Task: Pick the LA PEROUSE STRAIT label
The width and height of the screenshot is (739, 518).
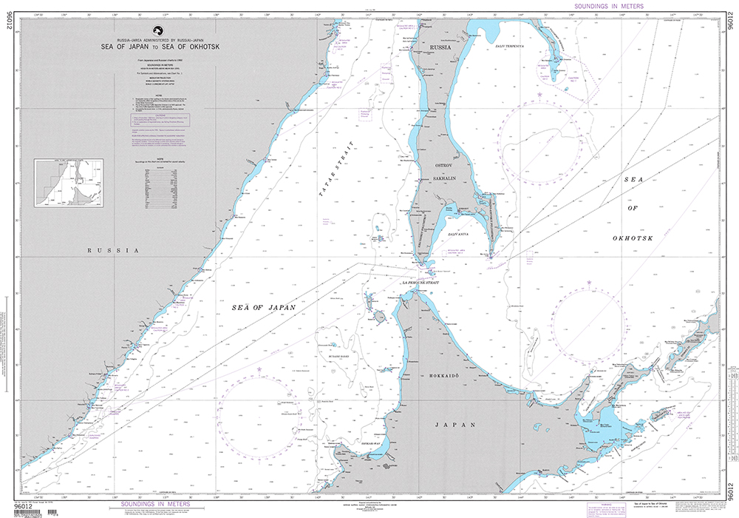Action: [422, 283]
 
